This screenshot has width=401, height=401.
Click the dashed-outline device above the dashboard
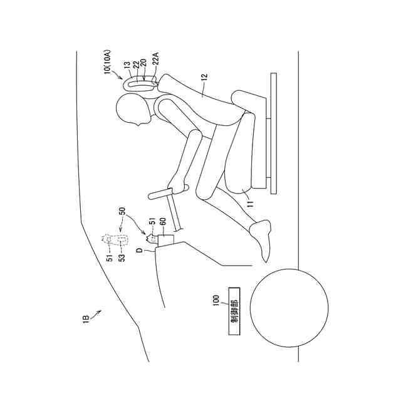(116, 239)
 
